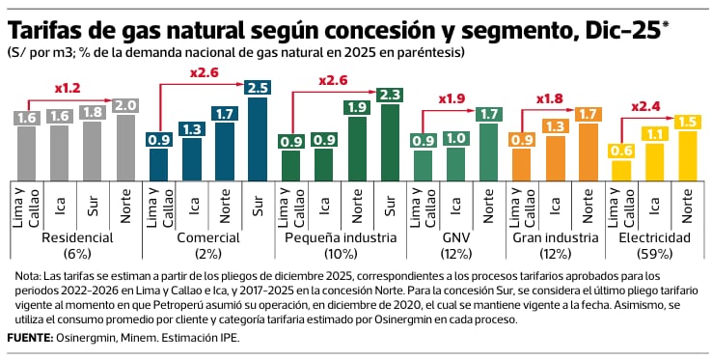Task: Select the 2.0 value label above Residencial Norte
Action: pyautogui.click(x=125, y=105)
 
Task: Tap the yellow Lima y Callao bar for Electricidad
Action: pyautogui.click(x=620, y=171)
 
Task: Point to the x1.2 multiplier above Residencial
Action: pyautogui.click(x=68, y=88)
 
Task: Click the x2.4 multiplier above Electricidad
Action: pyautogui.click(x=644, y=107)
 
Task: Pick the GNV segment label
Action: pyautogui.click(x=455, y=237)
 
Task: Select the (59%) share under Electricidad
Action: pyautogui.click(x=654, y=254)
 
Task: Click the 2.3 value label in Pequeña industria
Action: pyautogui.click(x=388, y=95)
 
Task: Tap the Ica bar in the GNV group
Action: pyautogui.click(x=456, y=164)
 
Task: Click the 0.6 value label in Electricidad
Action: pyautogui.click(x=620, y=151)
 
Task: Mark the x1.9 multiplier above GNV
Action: pyautogui.click(x=450, y=98)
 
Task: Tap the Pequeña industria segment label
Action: pyautogui.click(x=341, y=237)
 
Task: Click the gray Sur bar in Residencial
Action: pyautogui.click(x=93, y=151)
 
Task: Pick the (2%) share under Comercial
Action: pyautogui.click(x=208, y=254)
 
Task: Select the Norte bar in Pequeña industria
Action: pyautogui.click(x=356, y=149)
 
